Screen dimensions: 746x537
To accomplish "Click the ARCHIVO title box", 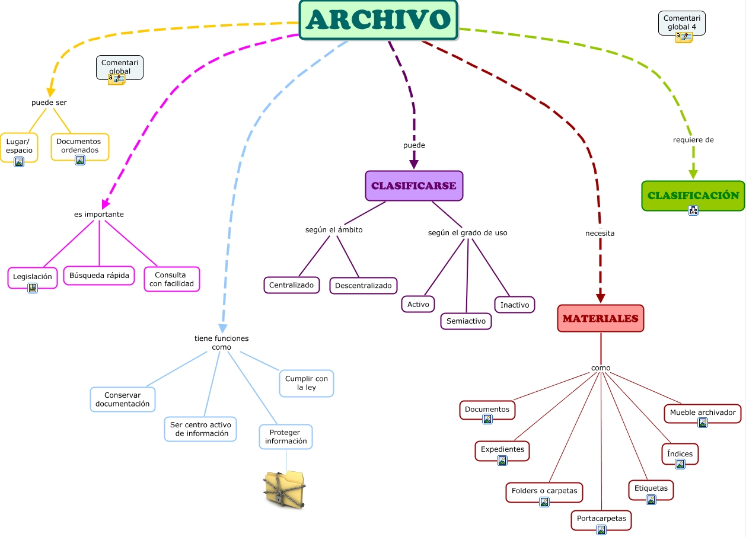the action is point(378,20).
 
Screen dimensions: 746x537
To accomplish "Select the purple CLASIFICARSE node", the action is point(414,186).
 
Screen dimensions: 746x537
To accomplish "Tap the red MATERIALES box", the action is point(601,318).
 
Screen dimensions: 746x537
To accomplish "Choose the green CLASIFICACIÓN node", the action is point(693,196).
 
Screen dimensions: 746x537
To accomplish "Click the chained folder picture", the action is point(285,490).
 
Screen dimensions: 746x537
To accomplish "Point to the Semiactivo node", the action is point(466,321).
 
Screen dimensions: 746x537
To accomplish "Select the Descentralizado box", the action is point(364,285).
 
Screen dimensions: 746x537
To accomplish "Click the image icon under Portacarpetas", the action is point(601,530).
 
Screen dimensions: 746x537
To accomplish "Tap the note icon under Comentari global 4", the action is point(684,37).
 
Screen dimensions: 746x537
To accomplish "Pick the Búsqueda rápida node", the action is point(99,276).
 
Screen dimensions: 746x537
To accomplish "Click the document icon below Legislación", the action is point(33,287).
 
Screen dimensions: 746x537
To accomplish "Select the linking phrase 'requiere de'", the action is point(693,140).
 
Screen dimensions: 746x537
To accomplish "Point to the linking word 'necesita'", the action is point(600,233).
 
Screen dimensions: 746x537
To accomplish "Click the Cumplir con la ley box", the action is point(307,383).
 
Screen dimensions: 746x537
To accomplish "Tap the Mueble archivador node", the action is point(703,413).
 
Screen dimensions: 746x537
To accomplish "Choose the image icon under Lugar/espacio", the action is point(19,162).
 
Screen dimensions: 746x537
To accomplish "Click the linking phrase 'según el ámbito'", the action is point(334,230).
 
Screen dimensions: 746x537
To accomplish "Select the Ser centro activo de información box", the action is point(200,429).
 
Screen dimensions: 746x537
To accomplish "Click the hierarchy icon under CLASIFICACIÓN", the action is point(693,210).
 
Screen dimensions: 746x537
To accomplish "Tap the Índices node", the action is point(680,453).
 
